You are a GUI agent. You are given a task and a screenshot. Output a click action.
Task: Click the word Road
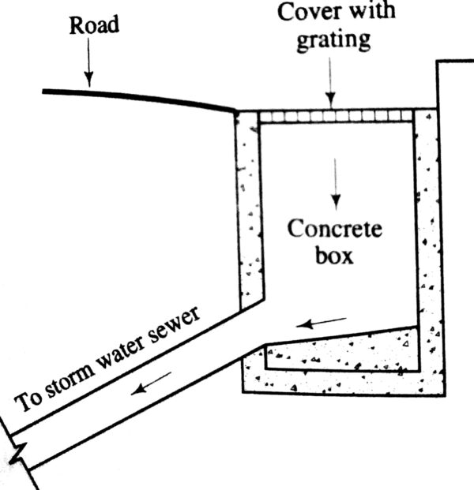(93, 25)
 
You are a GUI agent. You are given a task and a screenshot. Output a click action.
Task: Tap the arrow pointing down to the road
(88, 67)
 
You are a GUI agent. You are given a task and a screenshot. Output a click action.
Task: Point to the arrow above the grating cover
(333, 88)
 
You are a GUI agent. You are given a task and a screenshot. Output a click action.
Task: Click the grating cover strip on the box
(337, 116)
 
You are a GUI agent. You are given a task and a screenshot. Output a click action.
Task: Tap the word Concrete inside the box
(334, 230)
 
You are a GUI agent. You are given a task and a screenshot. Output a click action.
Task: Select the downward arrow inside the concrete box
(336, 181)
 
